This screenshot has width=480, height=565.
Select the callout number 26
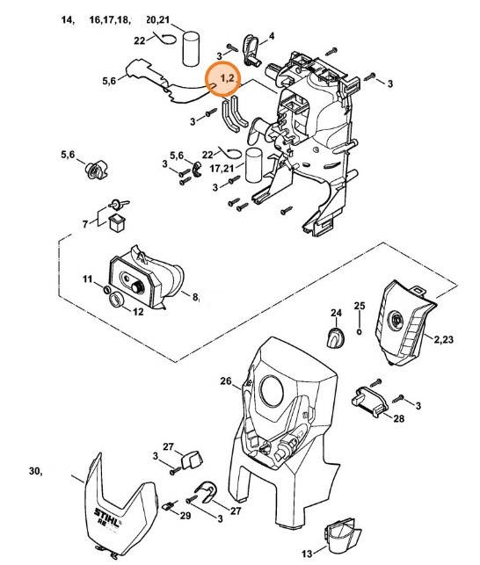point(225,380)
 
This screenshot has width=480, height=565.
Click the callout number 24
point(335,313)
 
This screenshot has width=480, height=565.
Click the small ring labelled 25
point(360,333)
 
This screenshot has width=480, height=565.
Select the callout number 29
point(185,516)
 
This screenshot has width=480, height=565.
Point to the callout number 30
point(35,472)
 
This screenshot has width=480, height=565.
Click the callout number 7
point(85,224)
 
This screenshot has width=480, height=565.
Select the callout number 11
point(88,279)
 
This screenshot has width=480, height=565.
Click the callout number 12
point(137,311)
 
